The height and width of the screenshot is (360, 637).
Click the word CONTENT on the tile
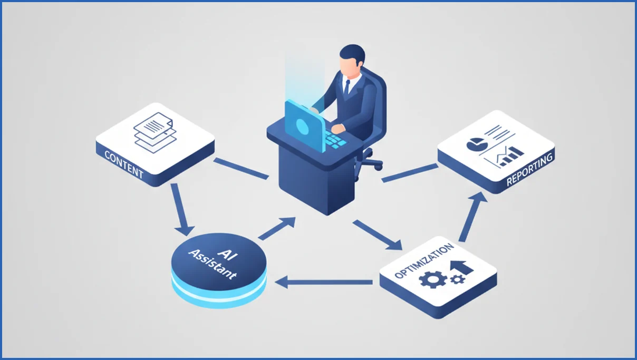coord(124,164)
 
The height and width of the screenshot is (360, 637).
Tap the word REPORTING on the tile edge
coord(529,169)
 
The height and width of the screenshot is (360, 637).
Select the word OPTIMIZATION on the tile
coord(424,261)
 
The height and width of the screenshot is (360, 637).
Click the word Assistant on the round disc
coord(212,265)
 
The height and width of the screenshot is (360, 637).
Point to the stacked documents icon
coord(155,132)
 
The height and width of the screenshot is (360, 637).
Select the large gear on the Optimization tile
coord(433,279)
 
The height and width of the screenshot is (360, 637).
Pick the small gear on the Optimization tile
coord(458,279)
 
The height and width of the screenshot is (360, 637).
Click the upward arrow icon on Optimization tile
coord(462,268)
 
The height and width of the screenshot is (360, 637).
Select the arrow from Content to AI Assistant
coord(181,210)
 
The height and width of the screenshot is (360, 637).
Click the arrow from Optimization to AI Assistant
coord(324,283)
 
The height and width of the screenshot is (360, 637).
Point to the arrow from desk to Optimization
coord(378,235)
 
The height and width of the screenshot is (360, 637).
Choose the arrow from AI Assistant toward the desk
coord(277,228)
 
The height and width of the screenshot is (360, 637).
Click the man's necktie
coord(346,87)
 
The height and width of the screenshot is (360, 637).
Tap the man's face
coord(348,67)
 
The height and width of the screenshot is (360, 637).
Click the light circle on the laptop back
coord(302,127)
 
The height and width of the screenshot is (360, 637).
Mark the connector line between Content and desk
coord(241,169)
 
